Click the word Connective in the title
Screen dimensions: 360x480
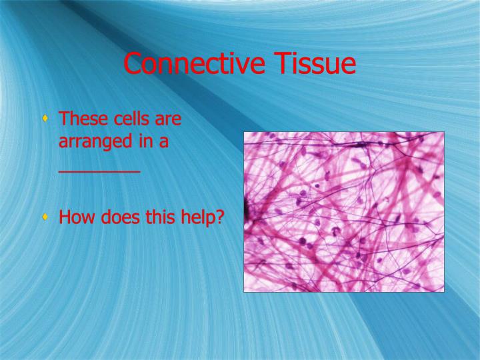[185, 64]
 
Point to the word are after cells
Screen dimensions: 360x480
[167, 121]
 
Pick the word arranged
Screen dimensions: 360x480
[92, 143]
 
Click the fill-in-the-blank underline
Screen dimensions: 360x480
[99, 171]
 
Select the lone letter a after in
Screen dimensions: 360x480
[161, 143]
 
